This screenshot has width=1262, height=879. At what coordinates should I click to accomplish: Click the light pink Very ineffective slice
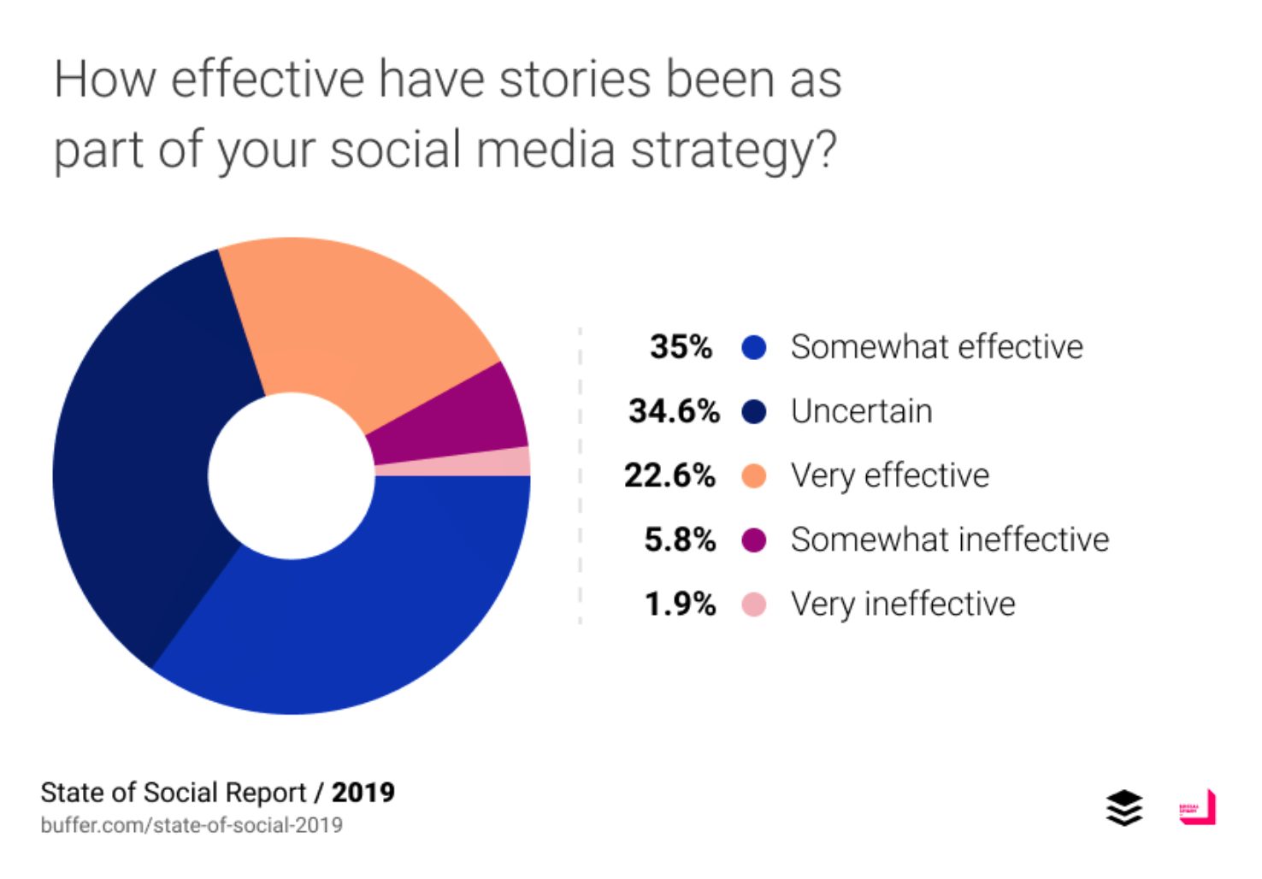click(453, 463)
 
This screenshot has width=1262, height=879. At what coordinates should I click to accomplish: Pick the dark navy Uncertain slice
click(145, 462)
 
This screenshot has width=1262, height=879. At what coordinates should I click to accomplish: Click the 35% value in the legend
click(681, 347)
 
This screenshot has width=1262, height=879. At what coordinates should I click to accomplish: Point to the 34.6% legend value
click(674, 411)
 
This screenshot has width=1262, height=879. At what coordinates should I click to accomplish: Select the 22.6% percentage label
click(669, 475)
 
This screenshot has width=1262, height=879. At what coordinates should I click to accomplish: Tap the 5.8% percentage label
click(680, 540)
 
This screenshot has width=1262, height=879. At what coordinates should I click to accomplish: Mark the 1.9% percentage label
click(680, 605)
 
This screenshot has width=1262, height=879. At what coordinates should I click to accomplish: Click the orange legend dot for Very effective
click(753, 475)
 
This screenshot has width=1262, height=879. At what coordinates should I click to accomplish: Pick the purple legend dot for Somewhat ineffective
click(753, 540)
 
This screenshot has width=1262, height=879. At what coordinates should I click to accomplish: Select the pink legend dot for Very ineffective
click(753, 605)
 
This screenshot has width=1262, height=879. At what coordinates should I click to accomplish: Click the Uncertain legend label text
click(861, 411)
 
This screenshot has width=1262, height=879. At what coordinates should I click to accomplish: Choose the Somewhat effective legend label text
click(936, 347)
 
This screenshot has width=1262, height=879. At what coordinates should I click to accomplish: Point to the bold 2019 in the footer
click(363, 793)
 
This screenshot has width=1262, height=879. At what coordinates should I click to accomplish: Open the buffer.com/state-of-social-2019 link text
click(192, 825)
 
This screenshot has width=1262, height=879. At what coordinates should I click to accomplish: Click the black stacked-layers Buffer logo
click(1123, 808)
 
